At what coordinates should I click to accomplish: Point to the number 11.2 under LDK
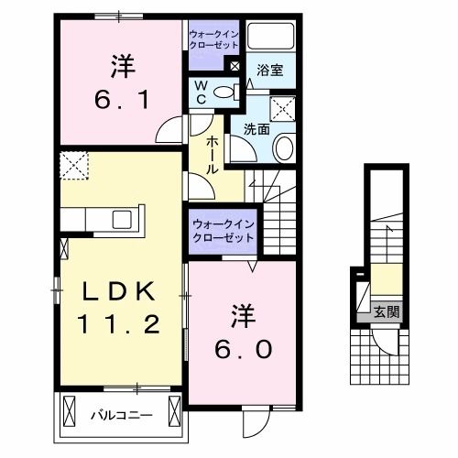pos(121,325)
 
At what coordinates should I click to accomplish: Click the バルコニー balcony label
pos(120,415)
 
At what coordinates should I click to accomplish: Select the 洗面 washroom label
pos(256,129)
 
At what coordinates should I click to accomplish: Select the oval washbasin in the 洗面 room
pos(284,147)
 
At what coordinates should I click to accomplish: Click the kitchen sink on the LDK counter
pos(121,220)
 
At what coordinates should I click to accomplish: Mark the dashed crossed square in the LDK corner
pos(74,166)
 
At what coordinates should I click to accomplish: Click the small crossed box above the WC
pos(234,66)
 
